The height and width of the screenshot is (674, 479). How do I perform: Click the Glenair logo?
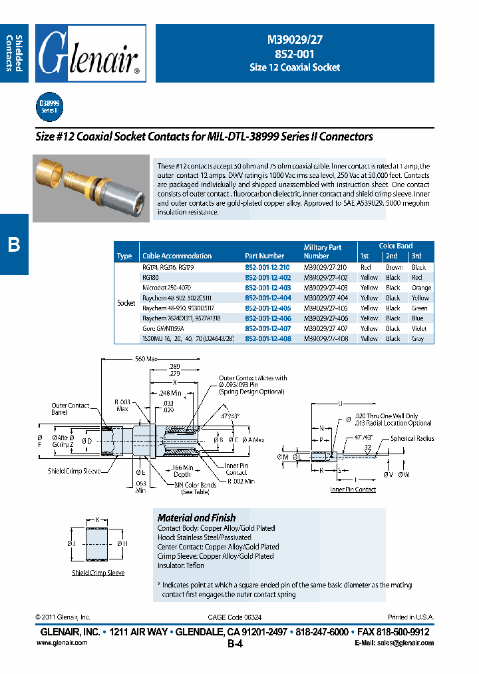(90, 53)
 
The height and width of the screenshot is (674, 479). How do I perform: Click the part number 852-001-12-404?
(268, 298)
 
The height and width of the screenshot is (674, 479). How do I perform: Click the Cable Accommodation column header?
(177, 256)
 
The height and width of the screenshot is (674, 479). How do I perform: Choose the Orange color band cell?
(421, 288)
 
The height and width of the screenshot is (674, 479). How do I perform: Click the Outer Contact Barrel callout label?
(70, 409)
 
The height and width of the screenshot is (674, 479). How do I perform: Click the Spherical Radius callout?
(412, 439)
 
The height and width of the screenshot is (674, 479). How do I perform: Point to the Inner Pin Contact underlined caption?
(353, 490)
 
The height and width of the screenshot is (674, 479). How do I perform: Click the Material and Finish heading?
(196, 517)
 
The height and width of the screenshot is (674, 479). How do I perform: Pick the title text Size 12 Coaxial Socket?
(294, 67)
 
